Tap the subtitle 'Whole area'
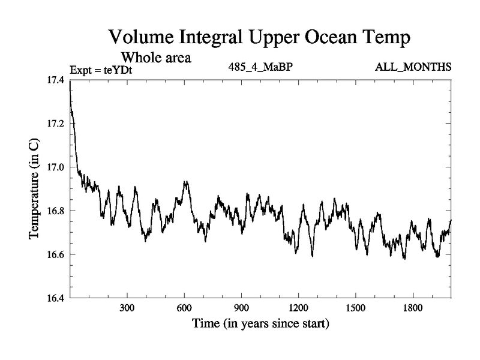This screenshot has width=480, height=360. pyautogui.click(x=157, y=58)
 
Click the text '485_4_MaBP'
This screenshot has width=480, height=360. pyautogui.click(x=260, y=67)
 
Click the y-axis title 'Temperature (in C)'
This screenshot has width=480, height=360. pyautogui.click(x=34, y=188)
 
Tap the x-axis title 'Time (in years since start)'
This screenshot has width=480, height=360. pyautogui.click(x=260, y=325)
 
